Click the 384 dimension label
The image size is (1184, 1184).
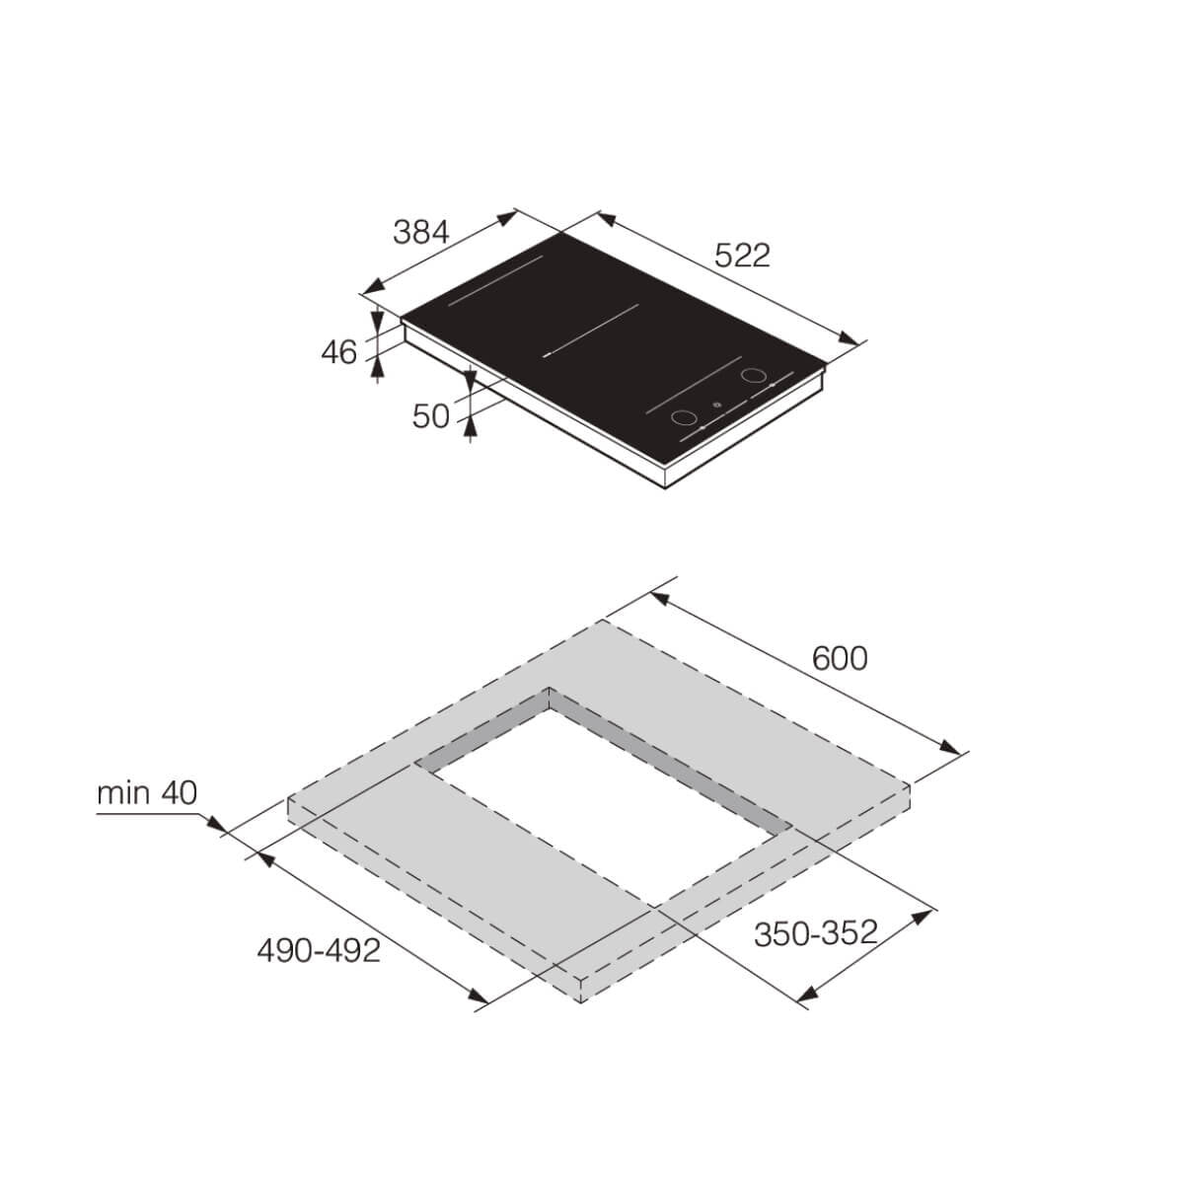(x=421, y=233)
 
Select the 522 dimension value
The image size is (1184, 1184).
(x=741, y=256)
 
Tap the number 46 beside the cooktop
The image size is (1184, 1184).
(x=338, y=352)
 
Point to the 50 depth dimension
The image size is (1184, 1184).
(x=431, y=416)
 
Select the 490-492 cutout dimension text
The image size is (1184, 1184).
(x=318, y=950)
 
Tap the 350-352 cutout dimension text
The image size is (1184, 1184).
(x=815, y=932)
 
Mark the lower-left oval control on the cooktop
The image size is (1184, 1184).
(x=682, y=418)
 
